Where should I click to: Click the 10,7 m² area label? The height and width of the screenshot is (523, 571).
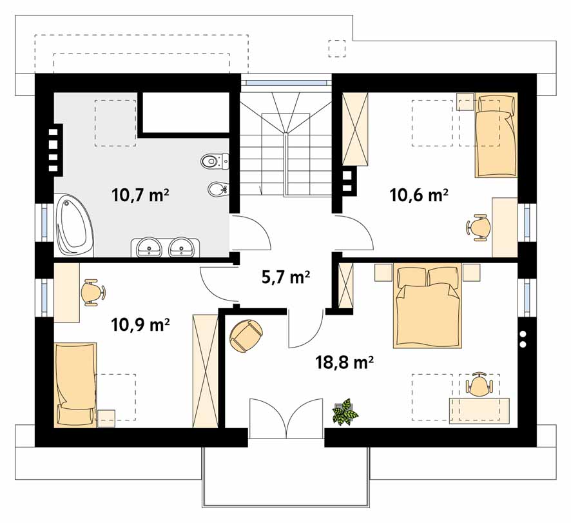click(x=140, y=195)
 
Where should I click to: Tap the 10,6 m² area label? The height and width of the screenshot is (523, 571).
click(x=419, y=195)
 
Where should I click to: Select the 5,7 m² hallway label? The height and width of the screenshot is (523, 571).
click(x=286, y=277)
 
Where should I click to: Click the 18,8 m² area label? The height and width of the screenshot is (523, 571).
click(x=345, y=362)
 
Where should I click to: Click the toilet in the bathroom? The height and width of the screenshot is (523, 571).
click(x=215, y=161)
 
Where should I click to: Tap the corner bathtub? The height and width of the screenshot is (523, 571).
click(x=75, y=225)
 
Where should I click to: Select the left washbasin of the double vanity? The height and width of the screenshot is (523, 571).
click(x=150, y=248)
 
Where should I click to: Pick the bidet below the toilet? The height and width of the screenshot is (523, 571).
click(x=218, y=189)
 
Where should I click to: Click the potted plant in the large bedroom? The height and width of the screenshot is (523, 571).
click(x=345, y=411)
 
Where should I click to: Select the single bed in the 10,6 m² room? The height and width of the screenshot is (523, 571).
click(x=496, y=135)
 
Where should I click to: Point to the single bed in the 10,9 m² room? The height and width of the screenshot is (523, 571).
click(x=75, y=384)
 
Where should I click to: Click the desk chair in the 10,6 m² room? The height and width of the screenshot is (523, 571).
click(x=478, y=228)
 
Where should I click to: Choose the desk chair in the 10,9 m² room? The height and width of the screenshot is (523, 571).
click(x=93, y=292)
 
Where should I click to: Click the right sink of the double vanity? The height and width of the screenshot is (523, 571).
click(x=182, y=248)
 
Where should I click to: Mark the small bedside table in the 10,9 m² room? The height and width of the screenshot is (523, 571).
click(x=106, y=419)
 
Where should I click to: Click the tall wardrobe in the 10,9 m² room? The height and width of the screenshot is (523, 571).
click(x=206, y=371)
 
